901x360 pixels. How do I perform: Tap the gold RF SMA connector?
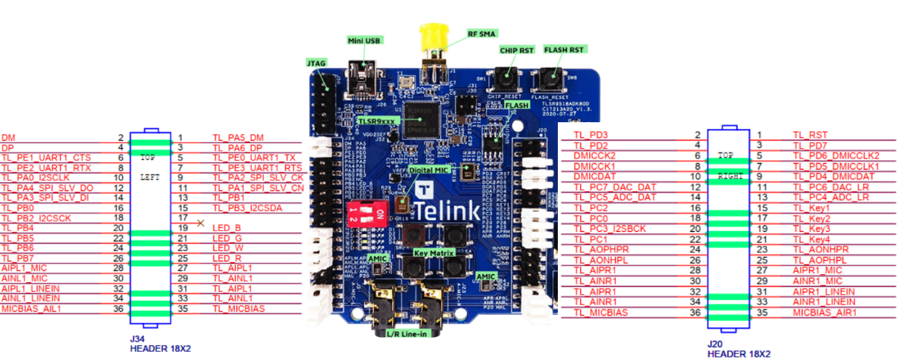pos(430,37)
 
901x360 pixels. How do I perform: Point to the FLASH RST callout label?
pos(564,50)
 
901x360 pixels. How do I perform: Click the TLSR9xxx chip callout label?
pos(376,119)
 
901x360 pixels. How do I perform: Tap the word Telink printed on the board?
pos(450,210)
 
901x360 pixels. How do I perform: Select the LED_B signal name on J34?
pos(226,228)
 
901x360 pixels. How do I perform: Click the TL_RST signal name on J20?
pos(810,135)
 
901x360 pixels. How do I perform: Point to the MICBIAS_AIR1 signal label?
pos(824,312)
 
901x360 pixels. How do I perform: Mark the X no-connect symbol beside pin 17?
pos(201,222)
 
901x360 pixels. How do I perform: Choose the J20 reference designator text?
pos(715,344)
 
